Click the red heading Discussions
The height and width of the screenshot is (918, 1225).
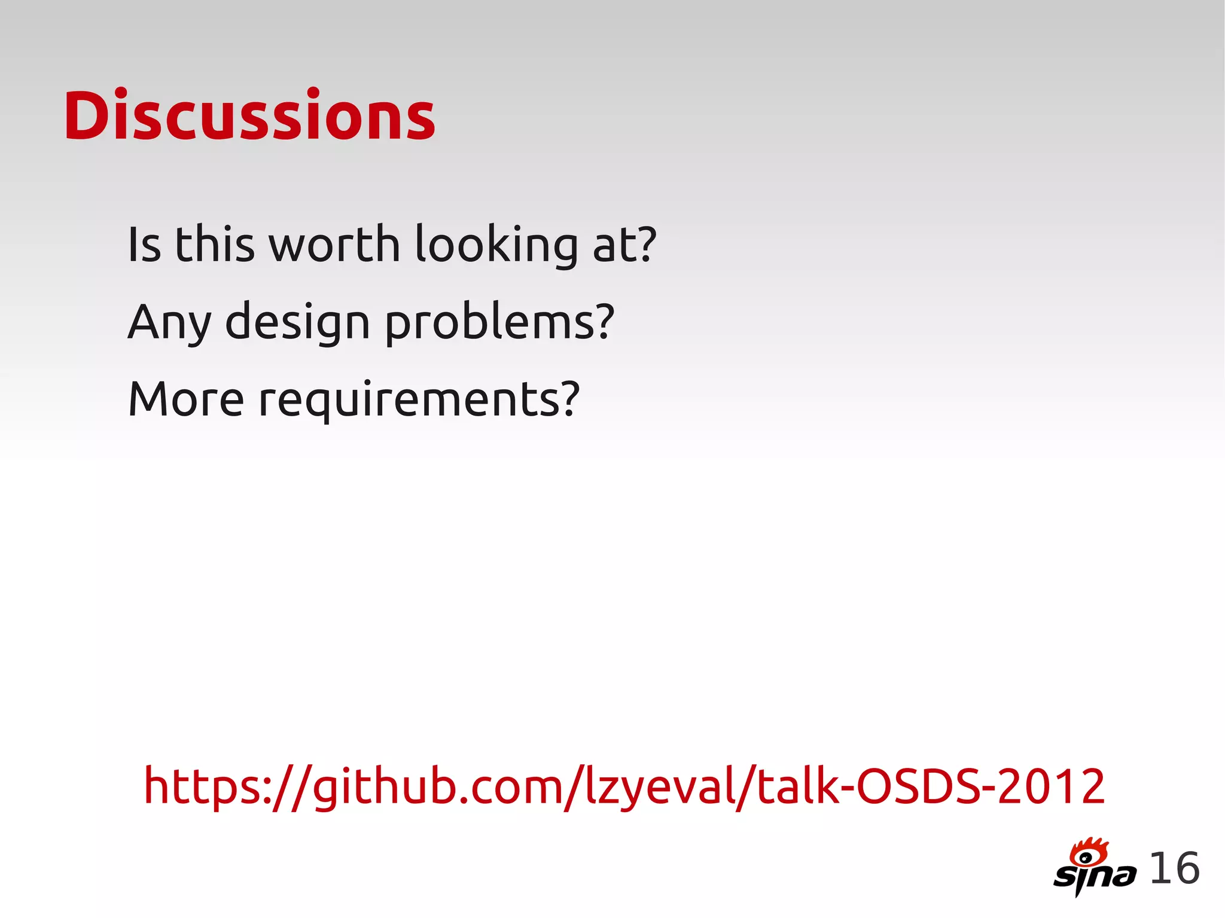(x=249, y=116)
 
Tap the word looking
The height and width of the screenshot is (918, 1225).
(x=496, y=245)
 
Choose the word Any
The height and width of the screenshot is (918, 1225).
(x=169, y=323)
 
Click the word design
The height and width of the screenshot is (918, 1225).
(x=297, y=323)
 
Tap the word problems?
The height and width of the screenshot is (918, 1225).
(x=499, y=323)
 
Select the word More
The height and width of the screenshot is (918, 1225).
(x=186, y=399)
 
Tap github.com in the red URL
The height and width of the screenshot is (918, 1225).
(x=437, y=787)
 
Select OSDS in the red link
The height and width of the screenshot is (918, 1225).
(x=918, y=786)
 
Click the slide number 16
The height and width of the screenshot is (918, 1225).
(x=1174, y=868)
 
